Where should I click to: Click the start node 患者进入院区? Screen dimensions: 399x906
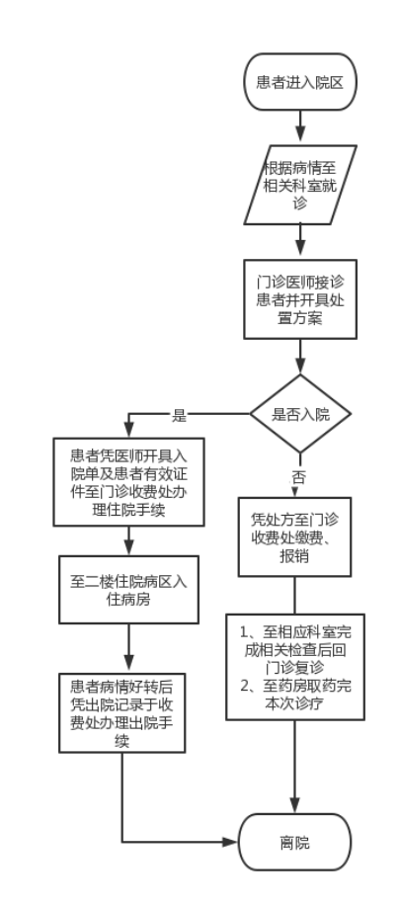[x=300, y=82]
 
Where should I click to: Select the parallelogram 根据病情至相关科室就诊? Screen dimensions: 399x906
[x=300, y=185]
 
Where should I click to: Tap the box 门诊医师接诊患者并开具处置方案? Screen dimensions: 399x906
[x=300, y=298]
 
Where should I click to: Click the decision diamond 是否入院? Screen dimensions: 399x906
[x=300, y=414]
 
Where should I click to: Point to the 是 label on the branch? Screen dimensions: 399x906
[x=179, y=415]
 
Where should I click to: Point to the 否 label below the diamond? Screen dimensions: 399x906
[x=298, y=477]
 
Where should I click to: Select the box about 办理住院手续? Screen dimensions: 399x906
[x=128, y=482]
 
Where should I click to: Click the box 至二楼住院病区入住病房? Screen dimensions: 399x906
[x=128, y=590]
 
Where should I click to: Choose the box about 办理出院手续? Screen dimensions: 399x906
[x=121, y=713]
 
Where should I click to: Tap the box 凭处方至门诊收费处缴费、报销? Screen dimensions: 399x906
[x=295, y=536]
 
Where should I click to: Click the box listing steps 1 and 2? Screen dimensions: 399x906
[x=295, y=667]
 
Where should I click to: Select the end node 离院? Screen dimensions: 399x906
[x=295, y=842]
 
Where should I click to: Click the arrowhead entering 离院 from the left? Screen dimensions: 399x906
[x=232, y=842]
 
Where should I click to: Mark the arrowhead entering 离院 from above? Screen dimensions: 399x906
[x=295, y=806]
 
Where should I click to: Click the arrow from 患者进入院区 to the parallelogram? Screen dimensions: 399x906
[x=300, y=127]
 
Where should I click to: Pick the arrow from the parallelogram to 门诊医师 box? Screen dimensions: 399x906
[x=300, y=242]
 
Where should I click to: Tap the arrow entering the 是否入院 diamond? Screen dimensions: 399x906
[x=300, y=357]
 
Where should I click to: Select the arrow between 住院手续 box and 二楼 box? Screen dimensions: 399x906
[x=128, y=541]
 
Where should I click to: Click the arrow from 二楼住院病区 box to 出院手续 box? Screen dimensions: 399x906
[x=128, y=648]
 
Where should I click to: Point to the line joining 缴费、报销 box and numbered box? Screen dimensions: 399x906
[x=295, y=595]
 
